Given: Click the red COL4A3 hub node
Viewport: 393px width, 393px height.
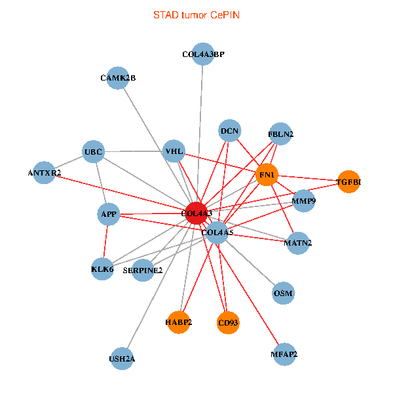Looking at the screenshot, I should (x=196, y=213).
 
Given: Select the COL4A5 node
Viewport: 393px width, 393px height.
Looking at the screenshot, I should (x=217, y=233).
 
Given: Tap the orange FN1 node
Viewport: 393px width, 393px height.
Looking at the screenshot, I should (x=267, y=175).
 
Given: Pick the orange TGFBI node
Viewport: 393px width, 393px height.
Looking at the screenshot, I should (x=348, y=181).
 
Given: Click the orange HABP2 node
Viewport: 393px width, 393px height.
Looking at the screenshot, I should (x=178, y=322).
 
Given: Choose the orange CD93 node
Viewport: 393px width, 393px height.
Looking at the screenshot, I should (x=227, y=322).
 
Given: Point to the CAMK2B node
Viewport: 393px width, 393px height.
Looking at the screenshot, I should (x=117, y=78).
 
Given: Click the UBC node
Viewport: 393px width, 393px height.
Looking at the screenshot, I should (x=94, y=153).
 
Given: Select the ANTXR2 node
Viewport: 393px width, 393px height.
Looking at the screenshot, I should (x=44, y=173).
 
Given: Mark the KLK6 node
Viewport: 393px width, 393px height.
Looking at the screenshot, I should (x=103, y=269).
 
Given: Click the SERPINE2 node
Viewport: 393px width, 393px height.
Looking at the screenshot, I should (x=143, y=269).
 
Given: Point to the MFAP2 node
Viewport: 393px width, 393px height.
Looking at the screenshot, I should (x=284, y=354).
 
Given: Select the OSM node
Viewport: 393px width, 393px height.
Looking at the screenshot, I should (x=283, y=293).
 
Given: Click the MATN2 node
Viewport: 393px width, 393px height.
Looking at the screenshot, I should (x=298, y=243).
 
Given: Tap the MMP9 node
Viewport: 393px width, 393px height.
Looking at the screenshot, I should (x=304, y=200).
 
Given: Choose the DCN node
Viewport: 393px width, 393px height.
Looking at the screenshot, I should (x=229, y=131).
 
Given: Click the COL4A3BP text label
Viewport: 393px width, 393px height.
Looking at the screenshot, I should (x=203, y=54).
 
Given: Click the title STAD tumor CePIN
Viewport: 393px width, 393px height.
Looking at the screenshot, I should (x=196, y=14).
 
